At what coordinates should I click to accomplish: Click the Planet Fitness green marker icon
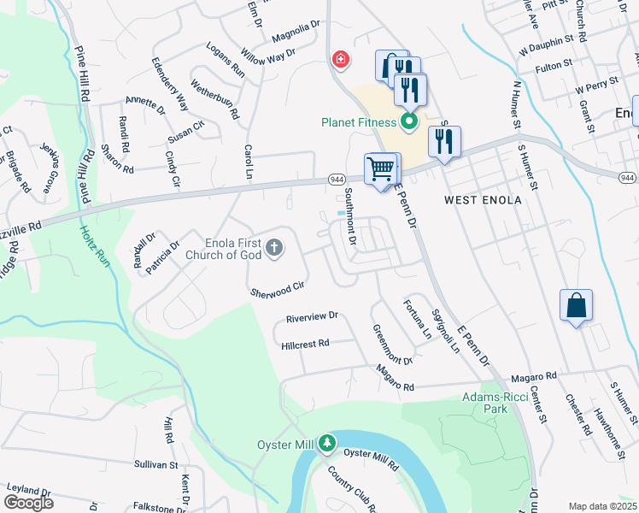point(408,121)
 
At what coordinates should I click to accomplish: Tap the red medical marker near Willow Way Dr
point(340,59)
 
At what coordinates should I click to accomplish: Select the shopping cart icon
point(382,167)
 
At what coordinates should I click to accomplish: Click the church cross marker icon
point(274,248)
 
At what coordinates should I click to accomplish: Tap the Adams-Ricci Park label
point(496,403)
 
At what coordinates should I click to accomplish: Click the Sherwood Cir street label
point(278,288)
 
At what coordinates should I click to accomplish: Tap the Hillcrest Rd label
point(305,345)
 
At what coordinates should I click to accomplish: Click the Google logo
point(28,503)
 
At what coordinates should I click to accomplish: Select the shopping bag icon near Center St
point(576,305)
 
